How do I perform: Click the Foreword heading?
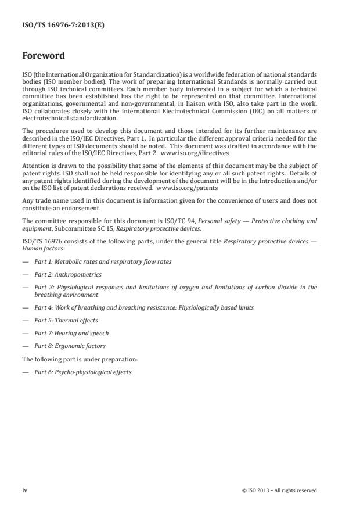click(43, 56)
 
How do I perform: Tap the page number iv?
click(25, 490)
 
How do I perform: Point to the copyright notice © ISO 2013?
click(279, 490)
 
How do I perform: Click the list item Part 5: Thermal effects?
click(66, 320)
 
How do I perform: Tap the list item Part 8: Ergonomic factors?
click(71, 346)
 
